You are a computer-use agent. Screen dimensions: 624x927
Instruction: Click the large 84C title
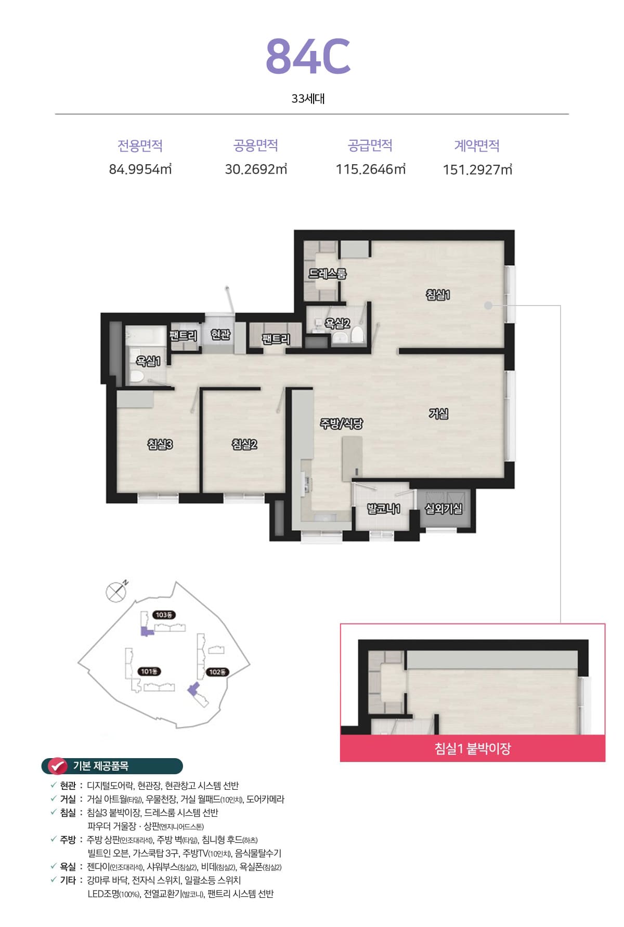pos(308,56)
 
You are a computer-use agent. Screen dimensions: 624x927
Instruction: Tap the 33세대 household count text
pos(308,99)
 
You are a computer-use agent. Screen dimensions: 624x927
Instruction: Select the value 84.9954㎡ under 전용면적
pos(140,169)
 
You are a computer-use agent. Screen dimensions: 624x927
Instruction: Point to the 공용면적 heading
pos(256,145)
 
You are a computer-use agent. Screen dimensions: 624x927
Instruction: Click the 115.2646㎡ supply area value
pos(371,169)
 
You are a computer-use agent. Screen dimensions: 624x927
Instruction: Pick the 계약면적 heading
pos(477,145)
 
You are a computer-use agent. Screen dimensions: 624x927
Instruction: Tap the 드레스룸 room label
pos(327,273)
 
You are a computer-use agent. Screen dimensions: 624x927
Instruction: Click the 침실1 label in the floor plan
pos(438,295)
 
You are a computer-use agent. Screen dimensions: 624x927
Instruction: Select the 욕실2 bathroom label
pos(337,324)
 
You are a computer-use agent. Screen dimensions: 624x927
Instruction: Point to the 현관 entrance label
pos(220,334)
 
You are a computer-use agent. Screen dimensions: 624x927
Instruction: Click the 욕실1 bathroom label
pos(148,361)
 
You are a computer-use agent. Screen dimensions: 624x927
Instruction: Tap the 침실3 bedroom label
pos(160,444)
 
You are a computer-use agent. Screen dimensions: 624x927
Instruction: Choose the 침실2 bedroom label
pos(244,444)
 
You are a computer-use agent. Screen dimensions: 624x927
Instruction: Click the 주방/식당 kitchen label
pos(341,424)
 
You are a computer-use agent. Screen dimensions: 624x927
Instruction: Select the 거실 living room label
pos(438,414)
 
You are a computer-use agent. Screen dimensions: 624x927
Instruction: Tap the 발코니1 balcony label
pos(384,509)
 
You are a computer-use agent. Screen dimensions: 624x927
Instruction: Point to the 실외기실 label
pos(444,509)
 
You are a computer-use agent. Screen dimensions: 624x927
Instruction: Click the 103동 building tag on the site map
pos(164,615)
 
